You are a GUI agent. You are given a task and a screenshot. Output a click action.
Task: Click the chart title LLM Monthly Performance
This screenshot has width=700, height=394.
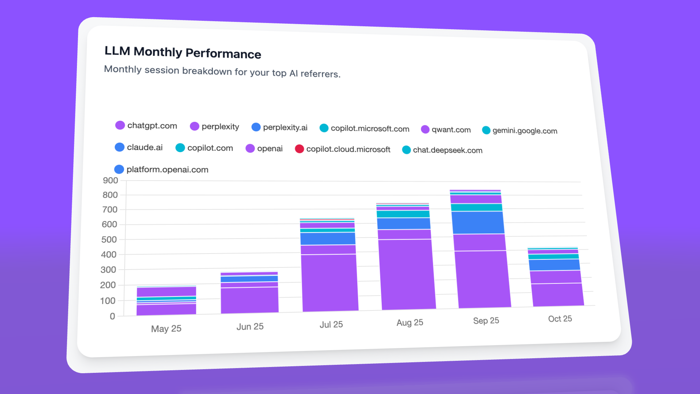(183, 52)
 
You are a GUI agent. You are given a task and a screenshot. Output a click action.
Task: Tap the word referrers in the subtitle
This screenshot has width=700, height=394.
(320, 74)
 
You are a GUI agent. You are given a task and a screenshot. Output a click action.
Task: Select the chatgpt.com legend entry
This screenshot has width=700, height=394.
(146, 125)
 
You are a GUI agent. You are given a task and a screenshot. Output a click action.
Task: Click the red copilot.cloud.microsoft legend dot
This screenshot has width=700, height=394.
(299, 149)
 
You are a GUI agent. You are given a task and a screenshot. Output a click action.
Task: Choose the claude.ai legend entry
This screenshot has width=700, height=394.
(139, 147)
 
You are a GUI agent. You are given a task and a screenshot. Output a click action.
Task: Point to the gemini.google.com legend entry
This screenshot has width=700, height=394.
(520, 131)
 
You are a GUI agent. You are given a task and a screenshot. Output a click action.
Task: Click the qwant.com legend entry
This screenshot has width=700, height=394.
(446, 130)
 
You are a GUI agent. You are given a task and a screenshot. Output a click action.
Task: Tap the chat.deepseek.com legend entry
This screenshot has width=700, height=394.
(442, 150)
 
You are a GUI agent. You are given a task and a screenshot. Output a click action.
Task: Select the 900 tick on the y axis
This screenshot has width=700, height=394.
(110, 180)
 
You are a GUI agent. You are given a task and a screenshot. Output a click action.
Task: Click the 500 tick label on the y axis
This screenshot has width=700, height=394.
(109, 240)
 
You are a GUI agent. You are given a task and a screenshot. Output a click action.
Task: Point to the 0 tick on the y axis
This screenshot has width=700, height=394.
(112, 316)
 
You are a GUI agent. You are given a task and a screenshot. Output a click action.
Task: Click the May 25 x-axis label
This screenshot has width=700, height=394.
(166, 329)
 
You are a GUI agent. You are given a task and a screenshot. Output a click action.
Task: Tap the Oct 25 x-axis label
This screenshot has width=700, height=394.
(560, 319)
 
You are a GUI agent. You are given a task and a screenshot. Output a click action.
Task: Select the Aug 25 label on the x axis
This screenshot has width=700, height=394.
(410, 322)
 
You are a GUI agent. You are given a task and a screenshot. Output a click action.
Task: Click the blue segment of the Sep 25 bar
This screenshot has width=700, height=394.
(478, 223)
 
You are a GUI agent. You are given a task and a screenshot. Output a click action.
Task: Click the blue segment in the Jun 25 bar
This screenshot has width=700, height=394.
(249, 279)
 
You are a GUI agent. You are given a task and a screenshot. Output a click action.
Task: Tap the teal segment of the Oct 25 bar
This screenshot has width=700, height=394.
(553, 256)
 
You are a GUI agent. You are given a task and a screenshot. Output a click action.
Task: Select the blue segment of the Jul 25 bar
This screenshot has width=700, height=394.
(328, 239)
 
